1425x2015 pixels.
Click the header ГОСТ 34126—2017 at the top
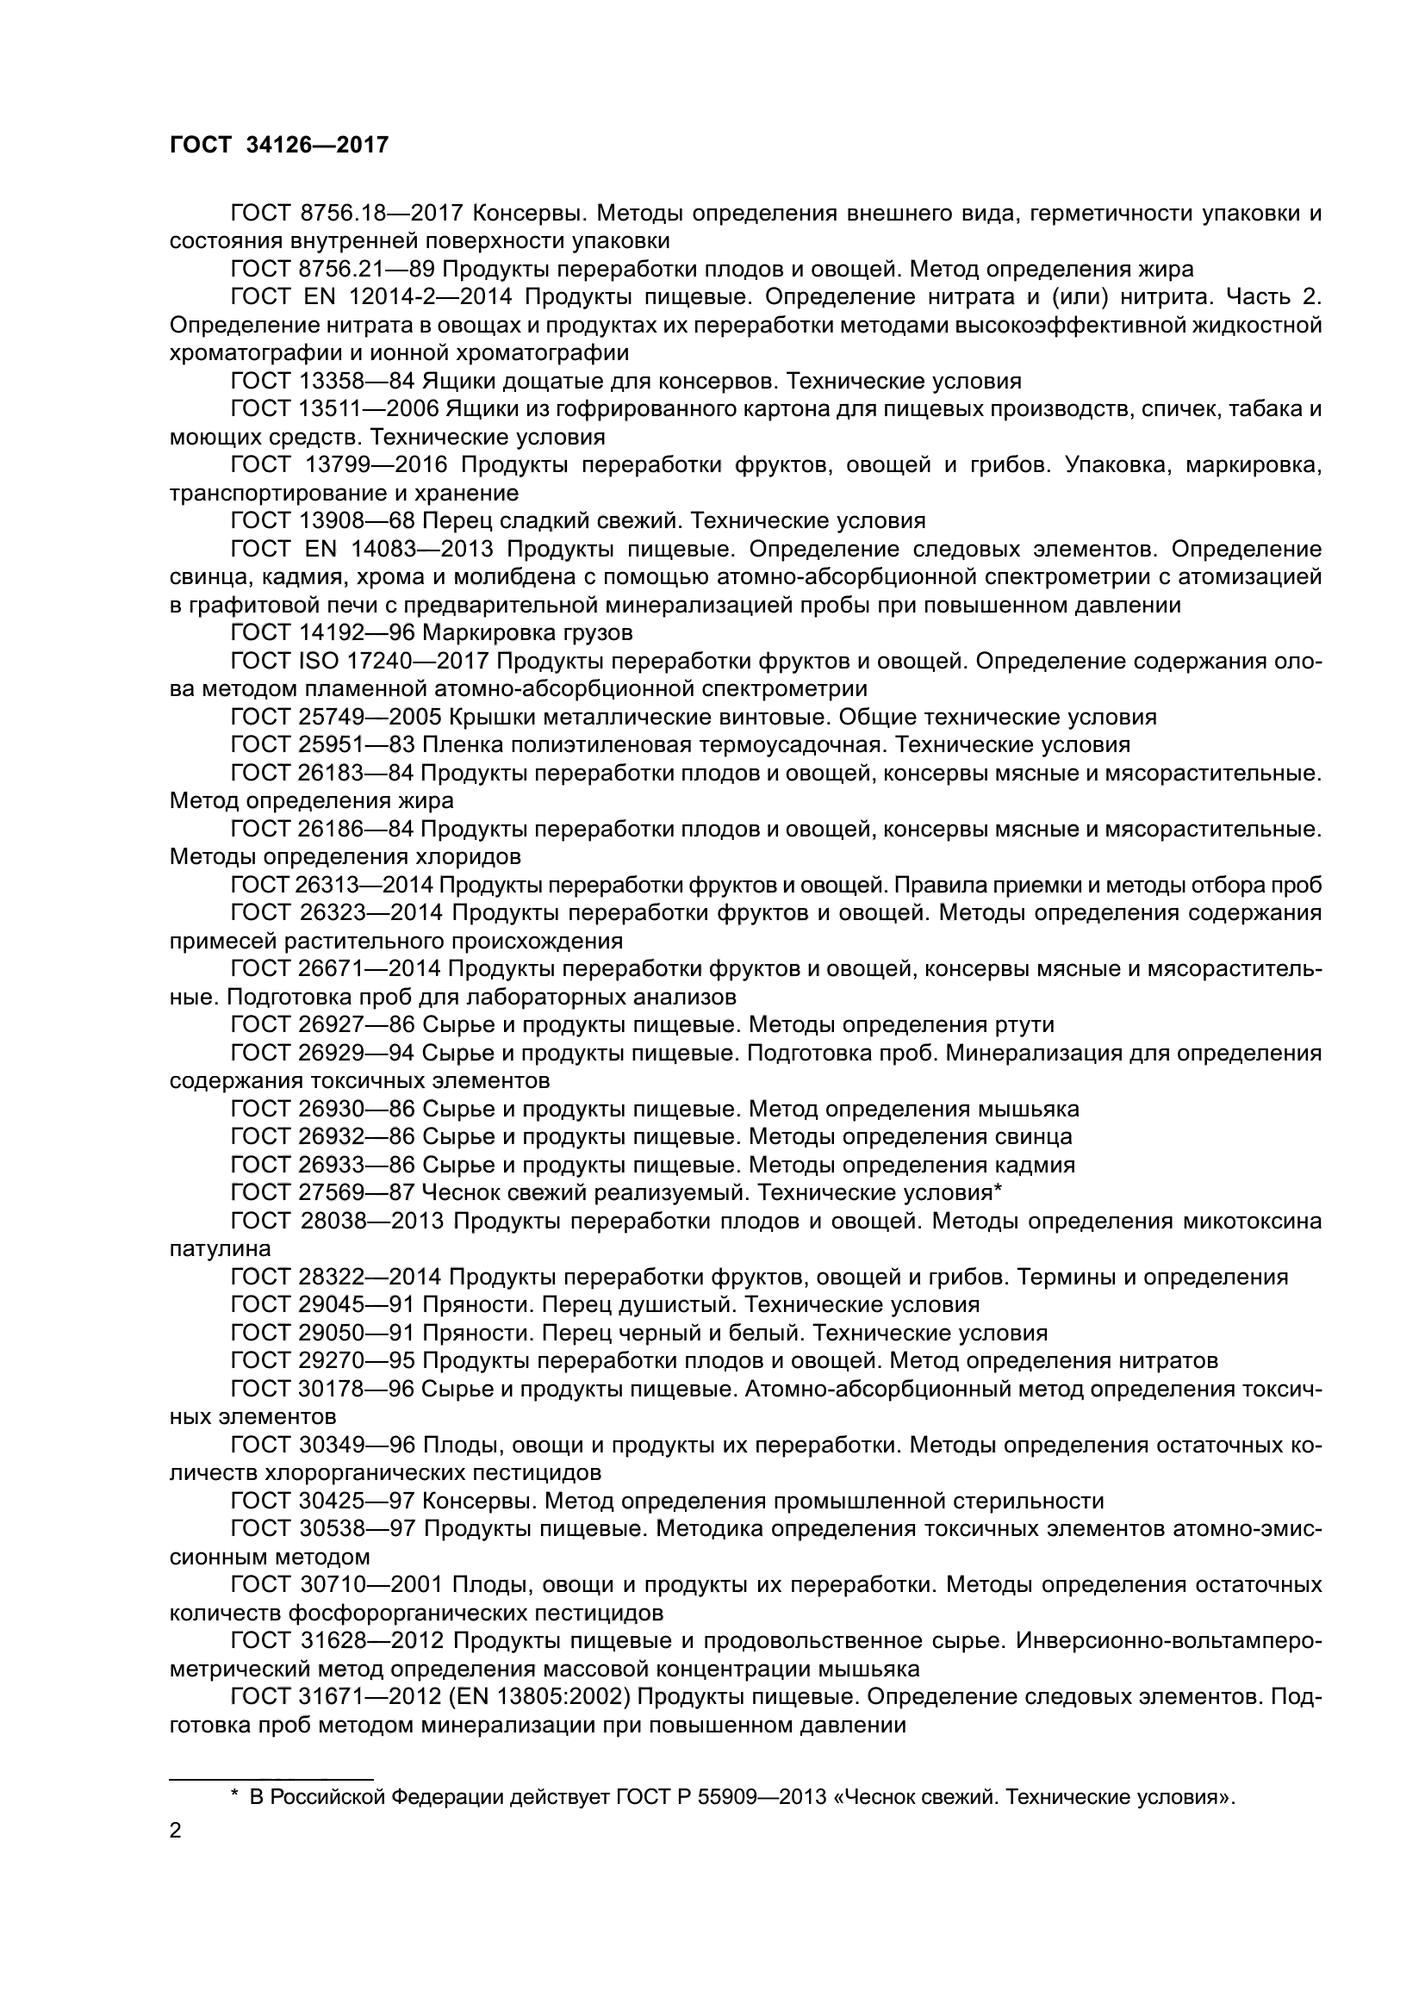(278, 146)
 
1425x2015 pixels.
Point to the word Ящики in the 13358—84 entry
(457, 381)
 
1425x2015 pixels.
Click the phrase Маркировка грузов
(527, 633)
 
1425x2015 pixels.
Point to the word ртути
(1024, 1025)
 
